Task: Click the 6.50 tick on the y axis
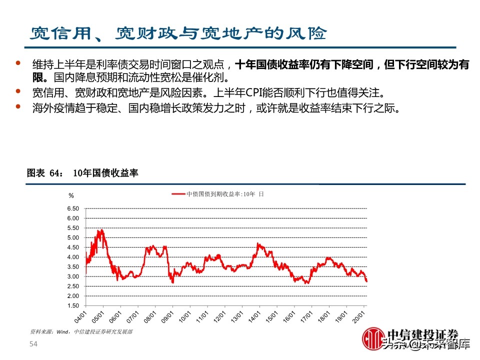[x=72, y=208]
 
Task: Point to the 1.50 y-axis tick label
[x=72, y=305]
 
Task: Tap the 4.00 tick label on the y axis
[x=72, y=257]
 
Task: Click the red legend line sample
[x=178, y=193]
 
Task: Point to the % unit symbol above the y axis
[x=71, y=195]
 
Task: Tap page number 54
[x=33, y=344]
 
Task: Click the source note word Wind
[x=62, y=331]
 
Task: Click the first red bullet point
[x=18, y=63]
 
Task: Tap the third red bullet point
[x=18, y=106]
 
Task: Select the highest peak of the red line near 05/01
[x=100, y=230]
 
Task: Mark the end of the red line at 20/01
[x=366, y=281]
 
